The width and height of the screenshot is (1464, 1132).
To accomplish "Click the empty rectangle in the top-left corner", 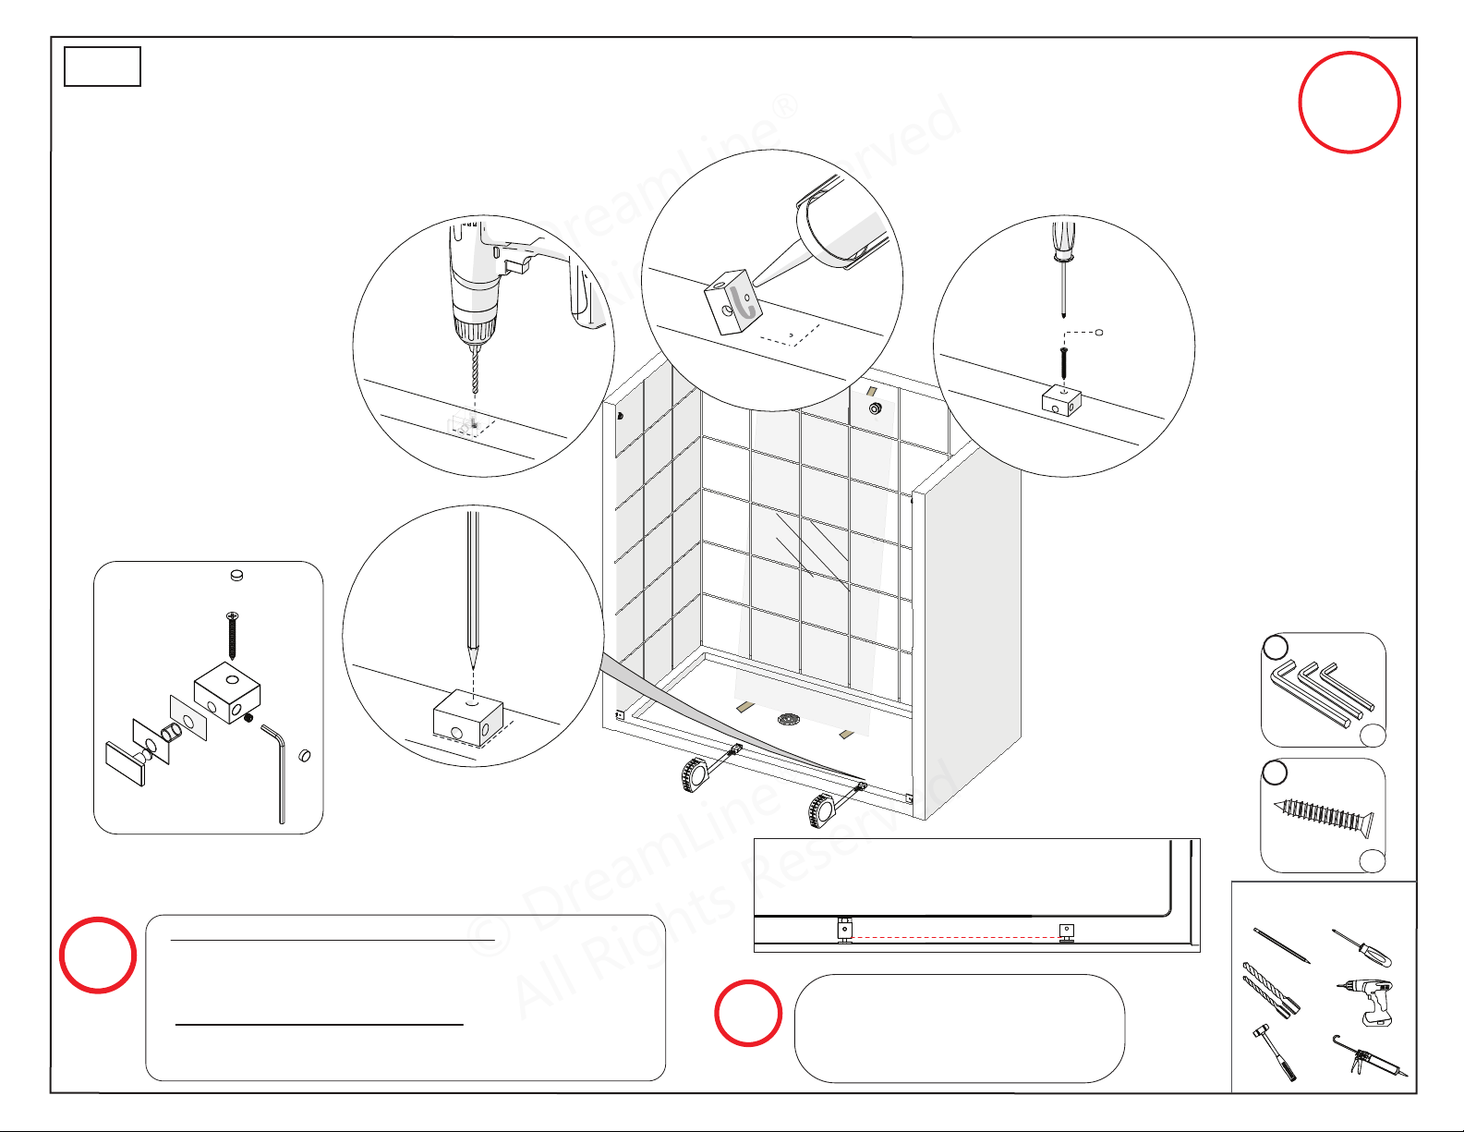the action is (103, 66).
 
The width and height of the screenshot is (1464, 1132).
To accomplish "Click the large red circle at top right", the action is (1349, 103).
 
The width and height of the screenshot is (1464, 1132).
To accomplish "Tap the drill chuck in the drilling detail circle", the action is (474, 331).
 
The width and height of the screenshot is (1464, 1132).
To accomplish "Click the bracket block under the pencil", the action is (468, 717).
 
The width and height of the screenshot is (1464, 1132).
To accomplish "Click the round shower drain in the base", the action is (788, 720).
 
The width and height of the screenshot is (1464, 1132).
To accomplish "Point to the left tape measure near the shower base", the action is (695, 775).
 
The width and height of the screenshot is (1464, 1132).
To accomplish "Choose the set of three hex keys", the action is (1322, 694).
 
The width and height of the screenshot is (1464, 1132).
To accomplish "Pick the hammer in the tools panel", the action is (1274, 1052).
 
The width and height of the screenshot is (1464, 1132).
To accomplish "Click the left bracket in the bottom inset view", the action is (845, 930).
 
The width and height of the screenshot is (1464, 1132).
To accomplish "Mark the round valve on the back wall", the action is (875, 408).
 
